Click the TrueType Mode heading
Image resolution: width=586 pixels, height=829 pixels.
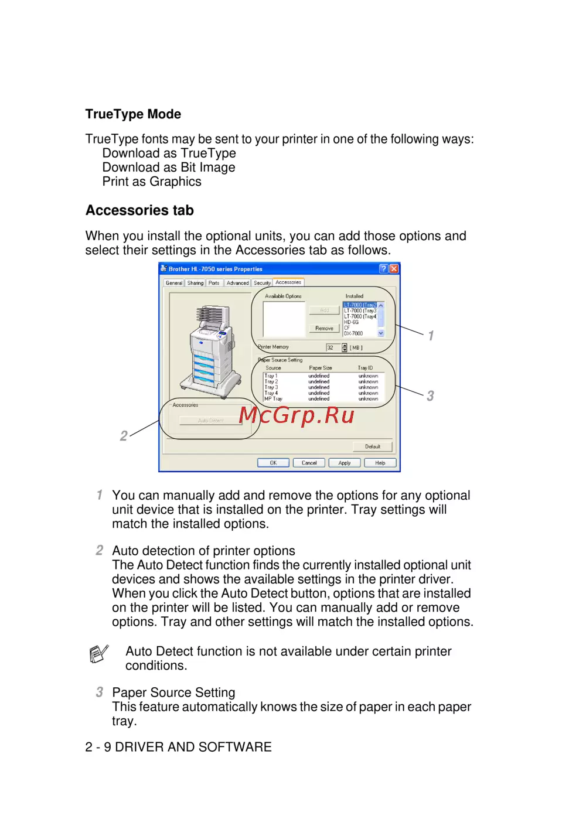tap(133, 114)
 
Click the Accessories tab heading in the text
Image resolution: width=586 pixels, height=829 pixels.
tap(139, 210)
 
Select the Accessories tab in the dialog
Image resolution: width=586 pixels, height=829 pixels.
tap(288, 282)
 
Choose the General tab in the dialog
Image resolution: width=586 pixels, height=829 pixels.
tap(174, 283)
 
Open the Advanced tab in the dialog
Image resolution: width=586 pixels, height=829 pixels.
tap(237, 283)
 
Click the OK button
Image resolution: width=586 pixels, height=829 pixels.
tap(273, 463)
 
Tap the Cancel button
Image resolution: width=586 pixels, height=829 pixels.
tap(309, 463)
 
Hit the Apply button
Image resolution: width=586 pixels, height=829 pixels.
tap(345, 463)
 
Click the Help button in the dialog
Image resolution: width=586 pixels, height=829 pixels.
tap(380, 463)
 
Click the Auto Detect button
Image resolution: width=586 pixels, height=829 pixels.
tap(211, 421)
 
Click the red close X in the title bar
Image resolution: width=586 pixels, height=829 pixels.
tap(394, 269)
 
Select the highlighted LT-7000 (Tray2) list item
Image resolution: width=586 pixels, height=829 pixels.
tap(360, 305)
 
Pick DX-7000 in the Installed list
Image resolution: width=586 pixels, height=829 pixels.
tap(353, 333)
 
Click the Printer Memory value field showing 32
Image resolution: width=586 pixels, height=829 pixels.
tap(332, 347)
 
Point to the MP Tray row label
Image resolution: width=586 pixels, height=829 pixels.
tap(273, 399)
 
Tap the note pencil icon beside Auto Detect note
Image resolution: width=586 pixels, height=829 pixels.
tap(98, 653)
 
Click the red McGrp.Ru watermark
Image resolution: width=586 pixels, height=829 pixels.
tap(297, 415)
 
